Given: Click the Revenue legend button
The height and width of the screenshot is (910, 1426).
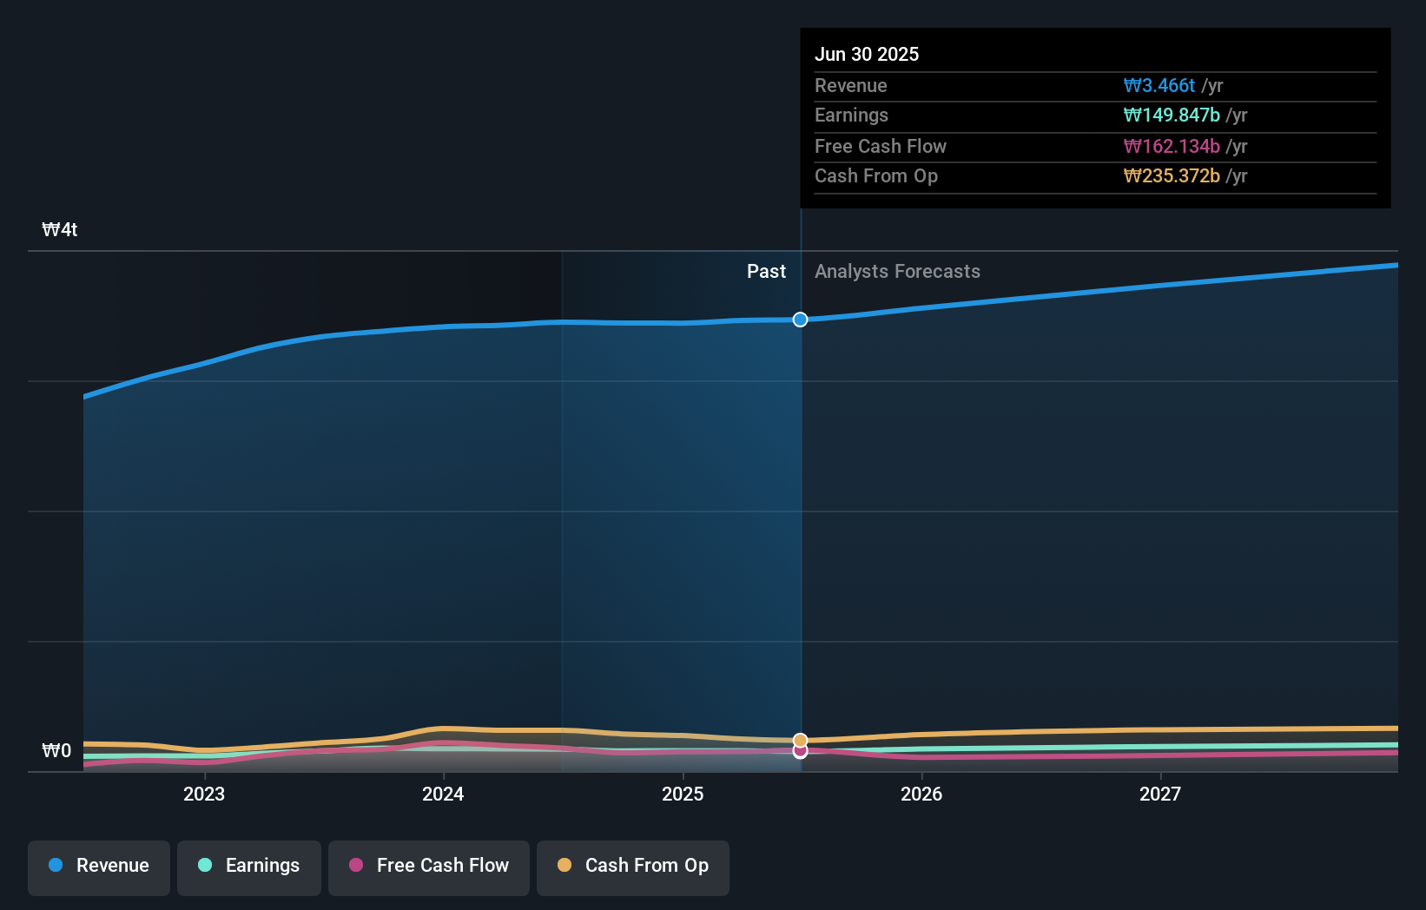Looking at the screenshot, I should pyautogui.click(x=99, y=867).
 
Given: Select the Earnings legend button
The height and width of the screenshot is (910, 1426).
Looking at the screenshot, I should pyautogui.click(x=249, y=867).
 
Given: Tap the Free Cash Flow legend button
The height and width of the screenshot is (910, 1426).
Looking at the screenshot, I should pyautogui.click(x=429, y=867).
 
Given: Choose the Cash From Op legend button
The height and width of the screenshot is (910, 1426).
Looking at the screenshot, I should pyautogui.click(x=633, y=867).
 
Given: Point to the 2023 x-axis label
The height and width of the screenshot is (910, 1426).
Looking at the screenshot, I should pyautogui.click(x=204, y=795).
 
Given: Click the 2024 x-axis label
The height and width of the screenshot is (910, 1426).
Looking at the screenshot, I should pyautogui.click(x=443, y=795).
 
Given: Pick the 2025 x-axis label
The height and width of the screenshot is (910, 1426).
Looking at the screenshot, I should pyautogui.click(x=683, y=795).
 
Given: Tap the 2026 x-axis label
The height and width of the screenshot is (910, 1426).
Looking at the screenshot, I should pyautogui.click(x=921, y=795).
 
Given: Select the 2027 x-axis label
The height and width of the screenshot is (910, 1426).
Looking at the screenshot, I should pyautogui.click(x=1160, y=795).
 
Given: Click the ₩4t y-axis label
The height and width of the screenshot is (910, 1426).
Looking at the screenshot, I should pyautogui.click(x=60, y=230).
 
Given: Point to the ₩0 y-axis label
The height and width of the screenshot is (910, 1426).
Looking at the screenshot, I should pyautogui.click(x=57, y=751).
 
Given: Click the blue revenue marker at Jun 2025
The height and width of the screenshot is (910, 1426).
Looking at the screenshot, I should pyautogui.click(x=800, y=320).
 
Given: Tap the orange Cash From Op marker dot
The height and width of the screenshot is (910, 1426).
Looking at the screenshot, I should pyautogui.click(x=800, y=741).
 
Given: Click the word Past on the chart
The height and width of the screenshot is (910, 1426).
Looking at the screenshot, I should pyautogui.click(x=766, y=272).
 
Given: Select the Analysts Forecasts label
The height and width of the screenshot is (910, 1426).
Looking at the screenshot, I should pyautogui.click(x=897, y=272).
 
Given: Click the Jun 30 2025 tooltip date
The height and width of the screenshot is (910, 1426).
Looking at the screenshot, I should pyautogui.click(x=867, y=55).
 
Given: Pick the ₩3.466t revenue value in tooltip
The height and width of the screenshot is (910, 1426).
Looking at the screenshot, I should pyautogui.click(x=1159, y=86).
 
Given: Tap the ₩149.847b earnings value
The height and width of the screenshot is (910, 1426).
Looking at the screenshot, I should pyautogui.click(x=1172, y=115).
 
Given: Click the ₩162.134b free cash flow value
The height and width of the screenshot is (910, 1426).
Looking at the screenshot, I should pyautogui.click(x=1172, y=147).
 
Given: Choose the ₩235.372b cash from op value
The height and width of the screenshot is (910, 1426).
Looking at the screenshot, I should pyautogui.click(x=1172, y=176).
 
